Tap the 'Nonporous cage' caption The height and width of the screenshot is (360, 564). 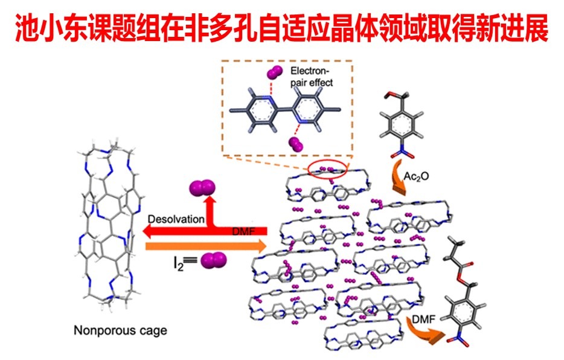(120, 330)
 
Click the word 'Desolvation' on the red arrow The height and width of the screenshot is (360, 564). (176, 219)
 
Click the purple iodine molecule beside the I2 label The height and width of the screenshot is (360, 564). (213, 261)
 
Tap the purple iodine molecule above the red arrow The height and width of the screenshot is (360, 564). (201, 190)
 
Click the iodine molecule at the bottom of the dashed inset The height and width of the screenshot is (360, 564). (296, 144)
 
